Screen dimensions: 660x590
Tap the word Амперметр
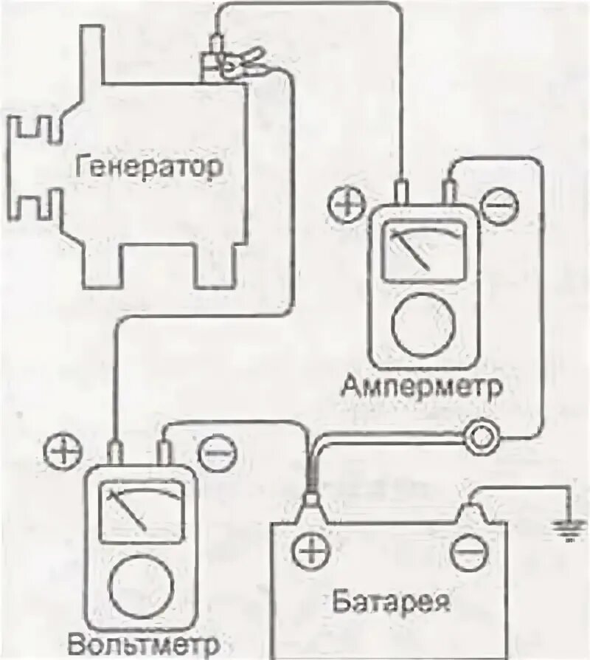tap(422, 385)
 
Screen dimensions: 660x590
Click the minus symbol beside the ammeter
tap(499, 204)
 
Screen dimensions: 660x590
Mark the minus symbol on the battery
tap(469, 552)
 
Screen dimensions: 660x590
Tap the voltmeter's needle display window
tap(142, 512)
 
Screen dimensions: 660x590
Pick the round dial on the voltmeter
tap(139, 586)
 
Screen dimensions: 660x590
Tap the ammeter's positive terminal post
tap(401, 193)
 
